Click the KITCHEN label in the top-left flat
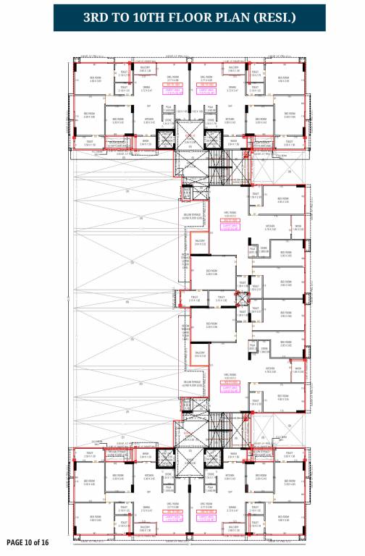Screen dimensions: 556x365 149,121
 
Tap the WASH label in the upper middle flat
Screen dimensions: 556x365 297,226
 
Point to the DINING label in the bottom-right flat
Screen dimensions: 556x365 232,507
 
